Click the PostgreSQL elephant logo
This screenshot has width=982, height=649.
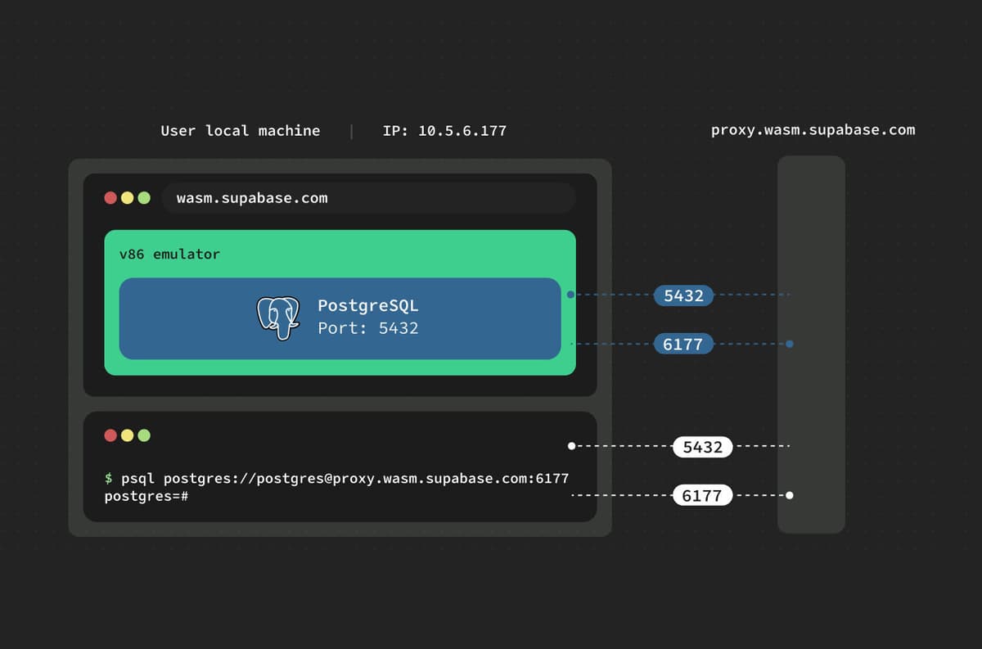point(278,318)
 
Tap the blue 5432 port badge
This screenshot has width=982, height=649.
point(683,295)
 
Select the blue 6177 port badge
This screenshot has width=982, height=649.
point(683,345)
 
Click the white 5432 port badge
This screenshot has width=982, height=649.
point(702,447)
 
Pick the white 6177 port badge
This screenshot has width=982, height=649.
point(702,496)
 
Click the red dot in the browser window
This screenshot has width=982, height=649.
point(110,198)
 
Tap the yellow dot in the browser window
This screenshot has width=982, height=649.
point(128,198)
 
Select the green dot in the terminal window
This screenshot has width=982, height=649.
point(144,435)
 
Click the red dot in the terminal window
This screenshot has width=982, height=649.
point(110,435)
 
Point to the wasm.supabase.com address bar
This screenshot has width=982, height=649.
point(368,198)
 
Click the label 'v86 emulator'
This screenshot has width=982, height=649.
point(169,255)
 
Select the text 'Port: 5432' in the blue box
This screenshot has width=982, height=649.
point(368,328)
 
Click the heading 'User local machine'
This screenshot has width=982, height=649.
point(240,131)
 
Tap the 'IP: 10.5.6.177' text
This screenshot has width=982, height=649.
point(444,131)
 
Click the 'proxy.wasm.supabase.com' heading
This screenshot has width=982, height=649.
point(813,130)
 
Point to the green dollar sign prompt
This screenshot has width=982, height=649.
point(109,479)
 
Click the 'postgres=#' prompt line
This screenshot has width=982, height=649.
point(146,496)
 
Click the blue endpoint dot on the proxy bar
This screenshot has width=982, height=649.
point(790,345)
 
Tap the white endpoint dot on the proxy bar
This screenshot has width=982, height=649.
point(790,495)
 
